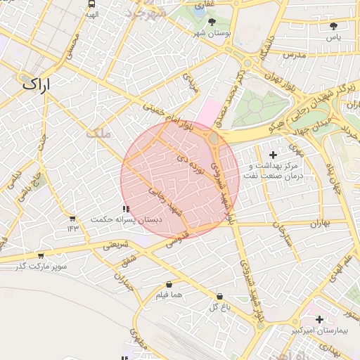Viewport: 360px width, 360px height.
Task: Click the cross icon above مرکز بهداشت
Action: [273, 153]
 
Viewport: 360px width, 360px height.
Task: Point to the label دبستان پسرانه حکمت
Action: [126, 220]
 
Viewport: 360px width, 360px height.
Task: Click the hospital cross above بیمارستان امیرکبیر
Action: [320, 319]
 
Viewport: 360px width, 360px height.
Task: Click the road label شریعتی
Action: [116, 245]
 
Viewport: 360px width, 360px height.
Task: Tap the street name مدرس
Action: [295, 54]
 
